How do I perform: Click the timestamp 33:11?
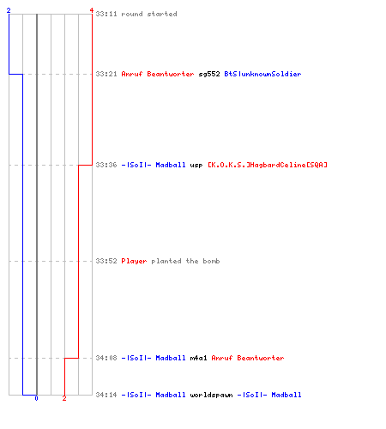[106, 14]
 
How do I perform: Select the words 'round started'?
[149, 14]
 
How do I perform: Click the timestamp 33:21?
[106, 74]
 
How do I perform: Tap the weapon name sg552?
[209, 74]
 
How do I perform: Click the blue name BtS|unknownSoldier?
[262, 74]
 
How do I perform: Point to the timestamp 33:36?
[106, 165]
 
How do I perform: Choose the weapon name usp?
[196, 166]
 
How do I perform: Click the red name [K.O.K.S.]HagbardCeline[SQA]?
[268, 165]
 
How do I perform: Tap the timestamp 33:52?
[106, 261]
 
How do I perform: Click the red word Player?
[134, 261]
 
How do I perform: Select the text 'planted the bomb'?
[185, 261]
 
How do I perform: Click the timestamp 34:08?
[106, 358]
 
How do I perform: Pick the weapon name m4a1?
[198, 358]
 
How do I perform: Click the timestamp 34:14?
[106, 395]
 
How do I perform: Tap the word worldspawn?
[211, 395]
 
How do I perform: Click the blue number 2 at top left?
[9, 10]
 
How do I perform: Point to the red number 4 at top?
[92, 10]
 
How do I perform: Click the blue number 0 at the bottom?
[36, 398]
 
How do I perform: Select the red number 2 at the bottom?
[64, 398]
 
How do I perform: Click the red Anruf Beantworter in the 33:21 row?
[158, 74]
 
